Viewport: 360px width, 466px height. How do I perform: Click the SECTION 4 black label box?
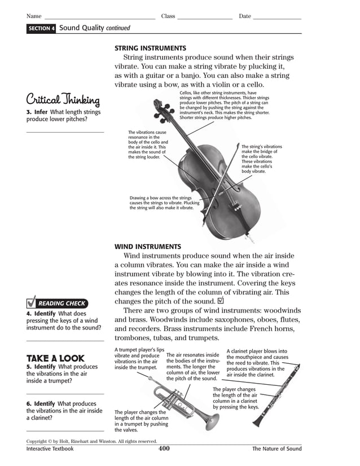(x=41, y=28)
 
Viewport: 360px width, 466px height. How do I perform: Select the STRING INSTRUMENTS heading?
(x=150, y=49)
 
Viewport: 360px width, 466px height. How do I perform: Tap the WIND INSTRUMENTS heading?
(x=148, y=247)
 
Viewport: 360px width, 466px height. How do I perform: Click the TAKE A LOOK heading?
(x=55, y=358)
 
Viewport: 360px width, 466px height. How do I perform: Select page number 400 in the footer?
(x=164, y=449)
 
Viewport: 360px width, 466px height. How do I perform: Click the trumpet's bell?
(x=211, y=420)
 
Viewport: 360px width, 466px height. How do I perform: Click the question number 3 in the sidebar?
(x=28, y=112)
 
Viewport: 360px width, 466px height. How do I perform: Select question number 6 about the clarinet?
(x=28, y=404)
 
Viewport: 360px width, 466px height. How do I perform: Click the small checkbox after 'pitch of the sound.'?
(x=220, y=301)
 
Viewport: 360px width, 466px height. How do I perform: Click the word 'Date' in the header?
(x=245, y=16)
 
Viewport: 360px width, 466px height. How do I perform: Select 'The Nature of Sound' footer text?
(x=276, y=449)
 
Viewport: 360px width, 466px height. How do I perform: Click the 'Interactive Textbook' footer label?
(x=50, y=449)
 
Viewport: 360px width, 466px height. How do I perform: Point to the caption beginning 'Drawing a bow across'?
(x=162, y=203)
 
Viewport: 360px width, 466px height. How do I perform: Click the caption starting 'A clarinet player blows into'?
(x=257, y=362)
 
